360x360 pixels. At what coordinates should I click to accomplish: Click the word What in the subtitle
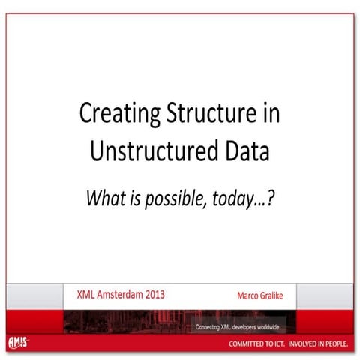click(106, 198)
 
